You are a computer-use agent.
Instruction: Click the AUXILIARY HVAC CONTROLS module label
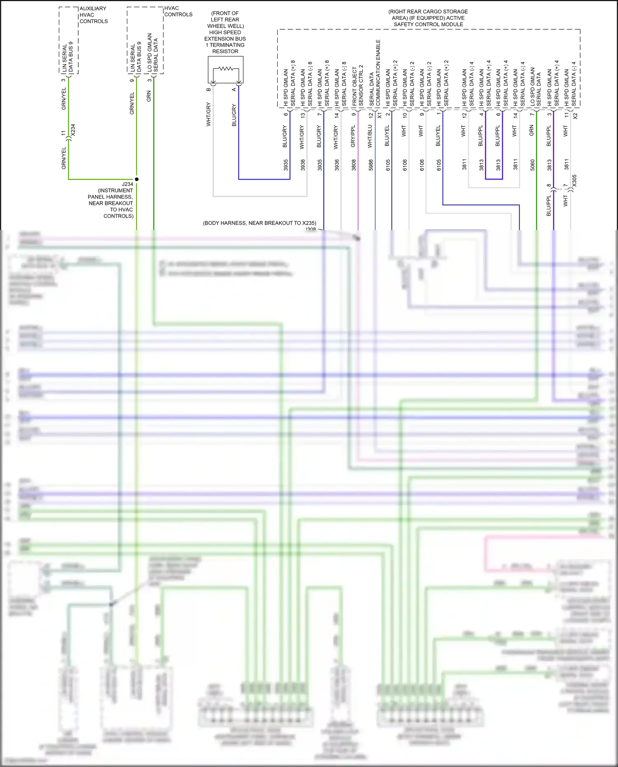coord(94,15)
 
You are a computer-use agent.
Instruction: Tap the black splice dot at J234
coord(137,179)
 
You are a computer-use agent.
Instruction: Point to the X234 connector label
coord(73,130)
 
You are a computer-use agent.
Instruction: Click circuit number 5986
coord(371,165)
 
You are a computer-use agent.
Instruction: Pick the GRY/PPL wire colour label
coord(353,136)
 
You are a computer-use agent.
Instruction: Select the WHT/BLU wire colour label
coord(370,136)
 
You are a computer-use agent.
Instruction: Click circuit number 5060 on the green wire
coord(532,165)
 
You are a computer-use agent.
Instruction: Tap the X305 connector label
coord(575,181)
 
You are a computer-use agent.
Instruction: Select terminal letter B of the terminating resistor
coord(209,89)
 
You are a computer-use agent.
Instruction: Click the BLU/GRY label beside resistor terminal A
coord(234,115)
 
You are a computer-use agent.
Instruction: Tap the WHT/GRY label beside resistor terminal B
coord(208,114)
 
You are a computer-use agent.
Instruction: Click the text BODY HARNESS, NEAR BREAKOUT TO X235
coord(260,223)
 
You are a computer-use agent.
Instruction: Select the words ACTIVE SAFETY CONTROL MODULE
coord(428,21)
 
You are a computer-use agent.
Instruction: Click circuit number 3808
coord(353,165)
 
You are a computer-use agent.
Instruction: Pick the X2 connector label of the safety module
coord(576,116)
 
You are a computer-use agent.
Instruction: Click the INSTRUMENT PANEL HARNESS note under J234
coord(111,200)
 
